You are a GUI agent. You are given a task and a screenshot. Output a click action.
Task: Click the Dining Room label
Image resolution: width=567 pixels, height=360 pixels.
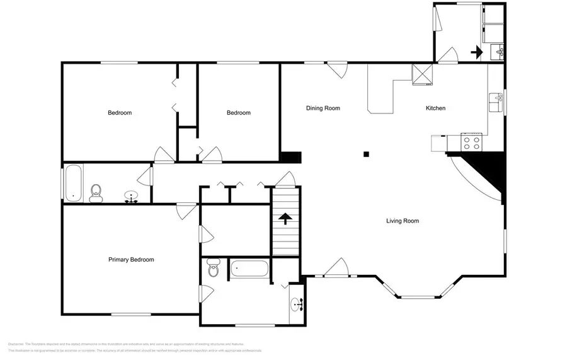coord(323,108)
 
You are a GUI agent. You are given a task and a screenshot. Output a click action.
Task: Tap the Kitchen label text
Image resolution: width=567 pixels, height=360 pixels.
coord(435,108)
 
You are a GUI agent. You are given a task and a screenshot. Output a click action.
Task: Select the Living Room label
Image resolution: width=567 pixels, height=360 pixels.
coord(403,221)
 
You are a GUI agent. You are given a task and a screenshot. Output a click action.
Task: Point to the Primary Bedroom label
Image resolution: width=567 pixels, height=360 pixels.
coord(131,260)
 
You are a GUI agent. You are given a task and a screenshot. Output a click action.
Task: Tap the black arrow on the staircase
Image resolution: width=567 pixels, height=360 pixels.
coord(285,219)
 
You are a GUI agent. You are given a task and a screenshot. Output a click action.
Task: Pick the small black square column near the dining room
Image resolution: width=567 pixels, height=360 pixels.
coord(366,154)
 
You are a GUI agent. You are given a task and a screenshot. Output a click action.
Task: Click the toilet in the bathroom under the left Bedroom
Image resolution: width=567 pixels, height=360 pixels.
coord(96,193)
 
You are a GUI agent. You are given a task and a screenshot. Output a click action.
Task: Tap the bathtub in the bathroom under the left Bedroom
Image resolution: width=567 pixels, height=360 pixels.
coord(72,183)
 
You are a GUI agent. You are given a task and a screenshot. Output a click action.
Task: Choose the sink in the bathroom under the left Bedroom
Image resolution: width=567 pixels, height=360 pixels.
coord(132,197)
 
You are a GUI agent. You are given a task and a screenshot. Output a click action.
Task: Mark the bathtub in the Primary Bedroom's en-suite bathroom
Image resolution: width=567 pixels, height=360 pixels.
coord(249,269)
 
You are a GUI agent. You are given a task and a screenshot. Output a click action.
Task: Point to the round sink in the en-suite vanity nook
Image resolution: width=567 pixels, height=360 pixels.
coord(297,306)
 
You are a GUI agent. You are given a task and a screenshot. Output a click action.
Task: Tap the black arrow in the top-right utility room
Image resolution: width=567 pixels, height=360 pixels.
coord(477,52)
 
